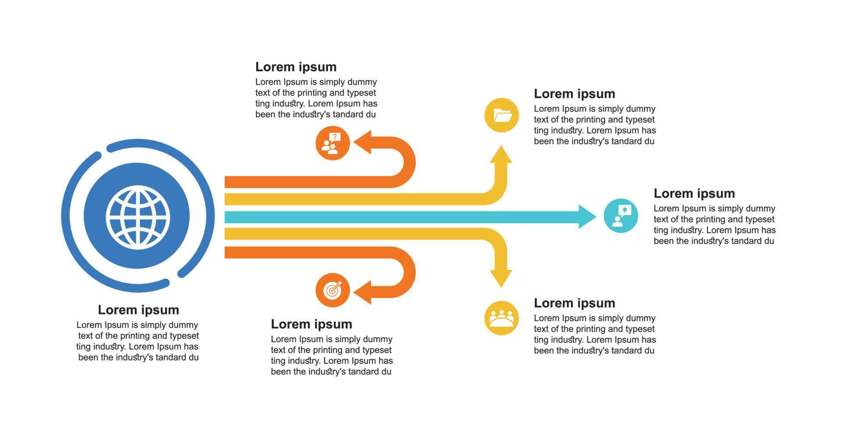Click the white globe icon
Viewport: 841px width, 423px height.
[x=138, y=216]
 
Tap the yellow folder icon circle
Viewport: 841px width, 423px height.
[x=502, y=115]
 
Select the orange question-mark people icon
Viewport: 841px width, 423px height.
[x=332, y=143]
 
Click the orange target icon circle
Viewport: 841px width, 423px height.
[x=332, y=290]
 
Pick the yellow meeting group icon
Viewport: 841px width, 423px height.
[x=502, y=318]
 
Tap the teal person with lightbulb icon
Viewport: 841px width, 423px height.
[x=621, y=216]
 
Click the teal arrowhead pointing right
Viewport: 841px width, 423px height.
[x=587, y=217]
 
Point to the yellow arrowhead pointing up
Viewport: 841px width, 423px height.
[x=501, y=154]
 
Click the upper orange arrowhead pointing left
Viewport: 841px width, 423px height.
[x=363, y=142]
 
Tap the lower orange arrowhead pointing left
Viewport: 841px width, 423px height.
[x=363, y=292]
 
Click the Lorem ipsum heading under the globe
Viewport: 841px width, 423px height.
[x=138, y=310]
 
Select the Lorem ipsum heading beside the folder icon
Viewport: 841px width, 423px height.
[x=574, y=94]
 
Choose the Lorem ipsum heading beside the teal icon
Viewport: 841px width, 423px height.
[x=694, y=193]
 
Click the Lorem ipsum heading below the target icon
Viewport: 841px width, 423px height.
[x=311, y=324]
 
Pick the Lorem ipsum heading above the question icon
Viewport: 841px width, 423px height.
[x=296, y=67]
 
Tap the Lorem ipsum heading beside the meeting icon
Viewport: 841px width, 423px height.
[x=574, y=303]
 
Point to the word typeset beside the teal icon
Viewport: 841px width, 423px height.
[x=758, y=220]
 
